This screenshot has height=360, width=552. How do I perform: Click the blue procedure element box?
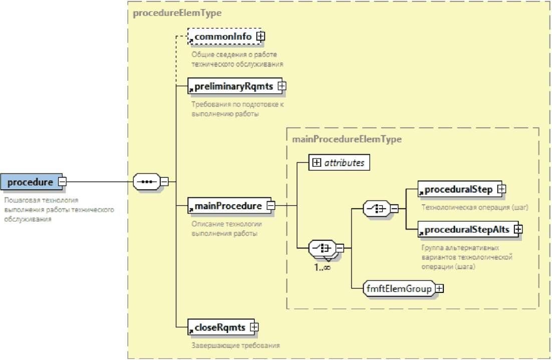pyautogui.click(x=30, y=182)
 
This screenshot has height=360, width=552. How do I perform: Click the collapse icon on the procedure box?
pyautogui.click(x=62, y=182)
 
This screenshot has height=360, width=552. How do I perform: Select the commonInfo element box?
pyautogui.click(x=223, y=37)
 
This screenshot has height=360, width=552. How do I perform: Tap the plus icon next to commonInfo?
pyautogui.click(x=260, y=37)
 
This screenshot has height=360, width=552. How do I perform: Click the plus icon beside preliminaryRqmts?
pyautogui.click(x=282, y=86)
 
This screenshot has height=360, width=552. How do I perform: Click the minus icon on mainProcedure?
pyautogui.click(x=270, y=206)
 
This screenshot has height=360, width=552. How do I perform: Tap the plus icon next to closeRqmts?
pyautogui.click(x=254, y=327)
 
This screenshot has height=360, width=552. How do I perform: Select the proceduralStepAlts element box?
pyautogui.click(x=466, y=229)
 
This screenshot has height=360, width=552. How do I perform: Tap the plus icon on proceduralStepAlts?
pyautogui.click(x=517, y=229)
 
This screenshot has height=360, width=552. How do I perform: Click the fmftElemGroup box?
pyautogui.click(x=399, y=288)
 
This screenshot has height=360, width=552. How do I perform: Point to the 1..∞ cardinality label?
pyautogui.click(x=322, y=267)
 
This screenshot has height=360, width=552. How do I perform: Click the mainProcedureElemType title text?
pyautogui.click(x=347, y=139)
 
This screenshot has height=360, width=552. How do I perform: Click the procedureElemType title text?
pyautogui.click(x=177, y=14)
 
